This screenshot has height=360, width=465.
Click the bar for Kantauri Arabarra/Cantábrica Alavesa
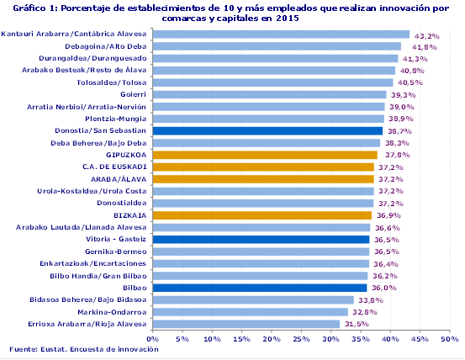coord(281,34)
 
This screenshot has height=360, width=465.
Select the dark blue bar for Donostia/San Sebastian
coord(267,131)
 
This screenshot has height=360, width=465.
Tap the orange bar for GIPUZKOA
coord(265,155)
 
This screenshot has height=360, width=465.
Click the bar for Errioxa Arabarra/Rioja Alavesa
coord(246,324)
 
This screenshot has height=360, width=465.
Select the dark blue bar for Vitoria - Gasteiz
coord(261,240)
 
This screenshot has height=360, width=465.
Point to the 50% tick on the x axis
coord(450,339)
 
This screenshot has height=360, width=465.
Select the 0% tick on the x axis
coord(153,339)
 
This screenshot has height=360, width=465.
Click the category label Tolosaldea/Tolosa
coord(112,82)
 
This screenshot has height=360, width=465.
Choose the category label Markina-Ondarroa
coord(114,312)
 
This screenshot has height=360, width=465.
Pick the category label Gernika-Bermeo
coord(116,251)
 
